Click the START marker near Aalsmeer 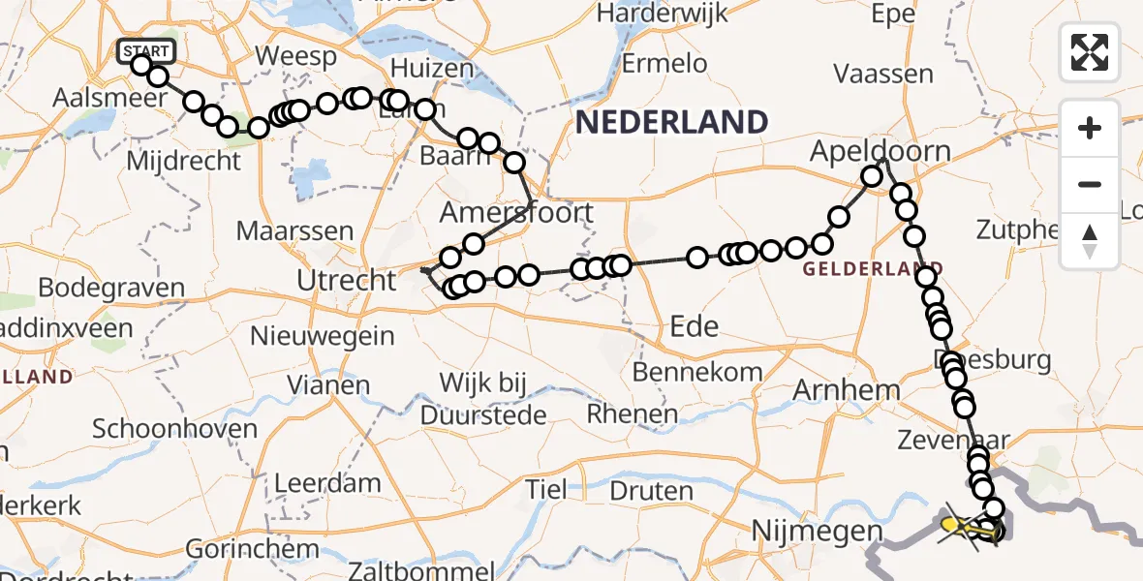(x=146, y=51)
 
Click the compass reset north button (x=1090, y=241)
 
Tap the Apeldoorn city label (x=880, y=151)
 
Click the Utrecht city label (x=347, y=281)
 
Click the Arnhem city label (x=846, y=390)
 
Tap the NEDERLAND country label (x=671, y=122)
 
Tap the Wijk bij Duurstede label (x=484, y=399)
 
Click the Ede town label (x=695, y=326)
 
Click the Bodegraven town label (x=111, y=288)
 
